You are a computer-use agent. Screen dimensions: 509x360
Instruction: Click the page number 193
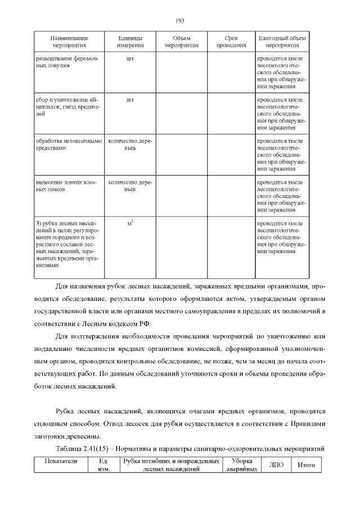[x=180, y=21]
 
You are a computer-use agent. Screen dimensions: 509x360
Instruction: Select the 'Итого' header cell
[x=305, y=465]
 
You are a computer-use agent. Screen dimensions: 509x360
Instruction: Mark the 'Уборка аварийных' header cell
[x=241, y=465]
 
